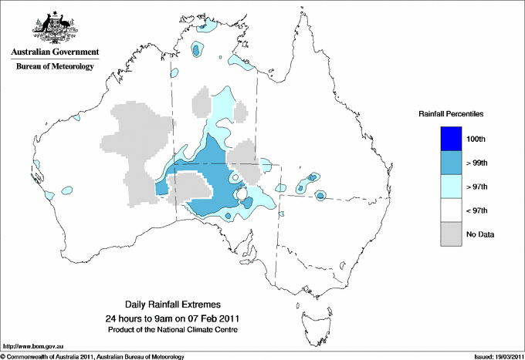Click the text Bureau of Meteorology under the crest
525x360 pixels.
(55, 67)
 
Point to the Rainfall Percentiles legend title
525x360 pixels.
(451, 113)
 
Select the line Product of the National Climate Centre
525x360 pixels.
(178, 329)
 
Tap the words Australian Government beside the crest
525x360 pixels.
(55, 52)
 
